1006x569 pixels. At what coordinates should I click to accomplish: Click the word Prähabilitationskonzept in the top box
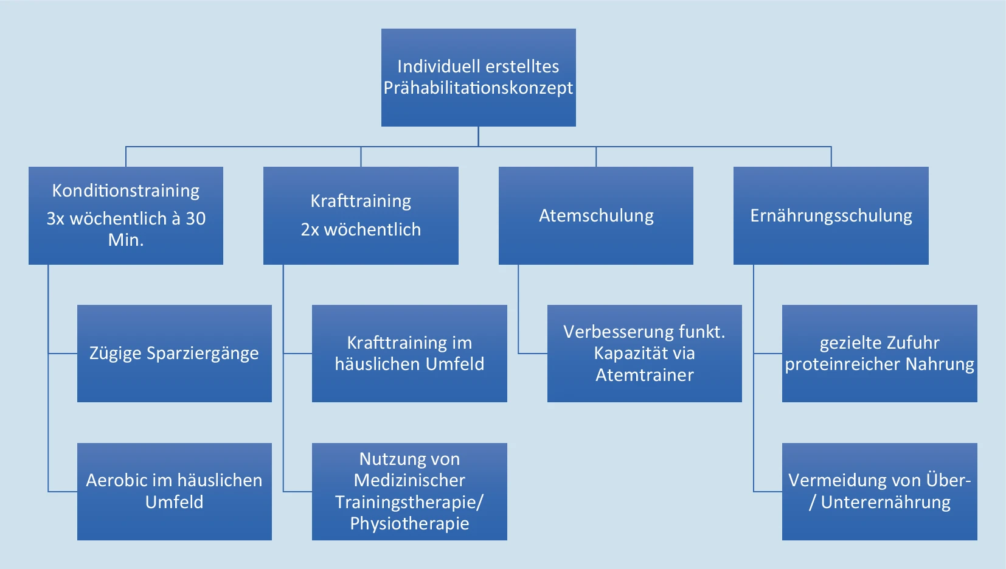[x=478, y=88]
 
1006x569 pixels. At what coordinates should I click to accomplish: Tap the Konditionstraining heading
[x=126, y=191]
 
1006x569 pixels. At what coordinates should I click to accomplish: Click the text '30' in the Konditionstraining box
[x=195, y=218]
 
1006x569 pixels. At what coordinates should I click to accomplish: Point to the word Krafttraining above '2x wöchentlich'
[x=361, y=201]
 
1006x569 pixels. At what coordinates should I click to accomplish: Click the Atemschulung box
[x=596, y=215]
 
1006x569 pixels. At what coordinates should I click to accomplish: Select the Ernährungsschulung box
[x=831, y=215]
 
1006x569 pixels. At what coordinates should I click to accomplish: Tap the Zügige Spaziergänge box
[x=174, y=353]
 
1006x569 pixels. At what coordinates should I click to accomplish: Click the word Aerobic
[x=117, y=481]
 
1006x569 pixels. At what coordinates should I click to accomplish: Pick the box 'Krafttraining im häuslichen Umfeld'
[x=409, y=353]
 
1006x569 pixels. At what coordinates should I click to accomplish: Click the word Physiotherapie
[x=409, y=524]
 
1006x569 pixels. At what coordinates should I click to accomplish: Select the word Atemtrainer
[x=645, y=375]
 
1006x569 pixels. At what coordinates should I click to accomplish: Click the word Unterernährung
[x=886, y=503]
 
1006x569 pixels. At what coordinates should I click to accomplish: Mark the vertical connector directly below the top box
[x=479, y=136]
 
